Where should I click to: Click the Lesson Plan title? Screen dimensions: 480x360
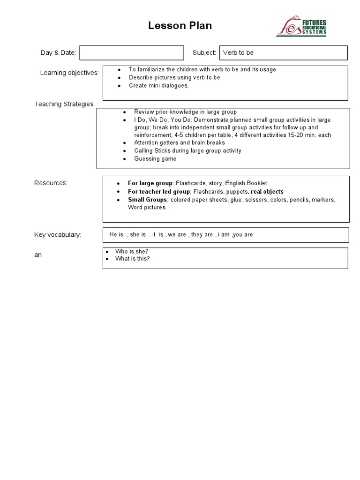[180, 26]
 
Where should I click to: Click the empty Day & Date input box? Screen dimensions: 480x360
[132, 53]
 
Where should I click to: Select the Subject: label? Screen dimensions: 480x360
[204, 53]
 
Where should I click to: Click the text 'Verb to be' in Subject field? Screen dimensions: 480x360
[238, 53]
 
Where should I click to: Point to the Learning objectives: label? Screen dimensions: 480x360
[69, 73]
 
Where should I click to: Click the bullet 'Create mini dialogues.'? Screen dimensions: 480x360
[159, 86]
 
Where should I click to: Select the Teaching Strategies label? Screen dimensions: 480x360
[64, 104]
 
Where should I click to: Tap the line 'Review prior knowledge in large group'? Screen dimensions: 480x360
[185, 112]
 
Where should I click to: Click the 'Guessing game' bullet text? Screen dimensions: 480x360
[155, 159]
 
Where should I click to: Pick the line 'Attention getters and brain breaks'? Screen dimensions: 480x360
[180, 142]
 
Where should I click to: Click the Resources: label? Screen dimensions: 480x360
[51, 183]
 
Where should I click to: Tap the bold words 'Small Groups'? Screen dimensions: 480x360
[147, 200]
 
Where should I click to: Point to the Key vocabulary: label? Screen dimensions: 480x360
[58, 234]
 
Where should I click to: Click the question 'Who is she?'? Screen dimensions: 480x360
[132, 252]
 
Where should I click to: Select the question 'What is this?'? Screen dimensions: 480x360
[133, 259]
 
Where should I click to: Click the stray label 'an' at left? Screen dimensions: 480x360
[38, 255]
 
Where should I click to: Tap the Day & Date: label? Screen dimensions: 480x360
[58, 53]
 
